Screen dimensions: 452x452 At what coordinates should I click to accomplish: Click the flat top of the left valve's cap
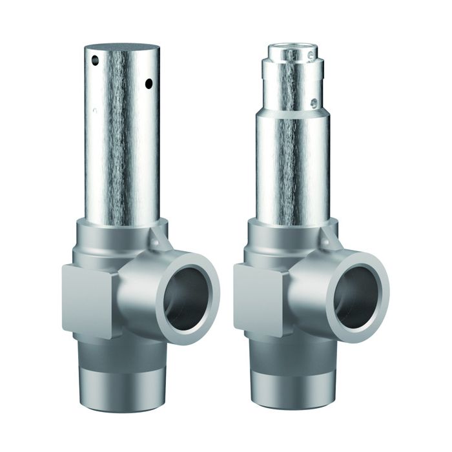(123, 48)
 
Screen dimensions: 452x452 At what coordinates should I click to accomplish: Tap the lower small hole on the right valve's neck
(313, 102)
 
